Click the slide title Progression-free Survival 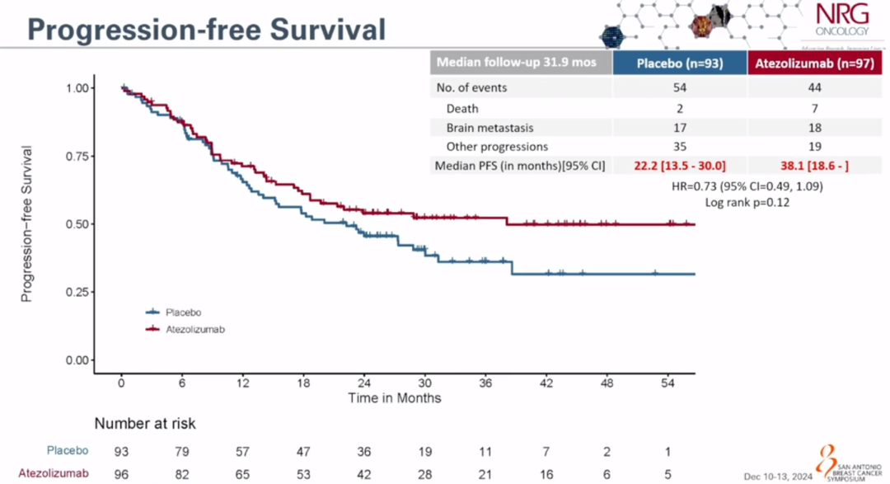[207, 30]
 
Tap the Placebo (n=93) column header [679, 63]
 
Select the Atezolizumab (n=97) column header [814, 63]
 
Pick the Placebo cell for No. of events [679, 87]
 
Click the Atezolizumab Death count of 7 [813, 108]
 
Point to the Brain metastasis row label [489, 128]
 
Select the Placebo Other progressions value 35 [679, 147]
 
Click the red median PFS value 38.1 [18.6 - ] [814, 166]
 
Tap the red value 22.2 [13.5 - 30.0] [679, 166]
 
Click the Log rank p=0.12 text [747, 202]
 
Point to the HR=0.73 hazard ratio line [747, 186]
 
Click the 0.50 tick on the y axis [77, 224]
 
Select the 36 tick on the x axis [485, 383]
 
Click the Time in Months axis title [394, 398]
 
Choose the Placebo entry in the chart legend [184, 312]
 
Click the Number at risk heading [145, 424]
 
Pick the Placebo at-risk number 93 [122, 452]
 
